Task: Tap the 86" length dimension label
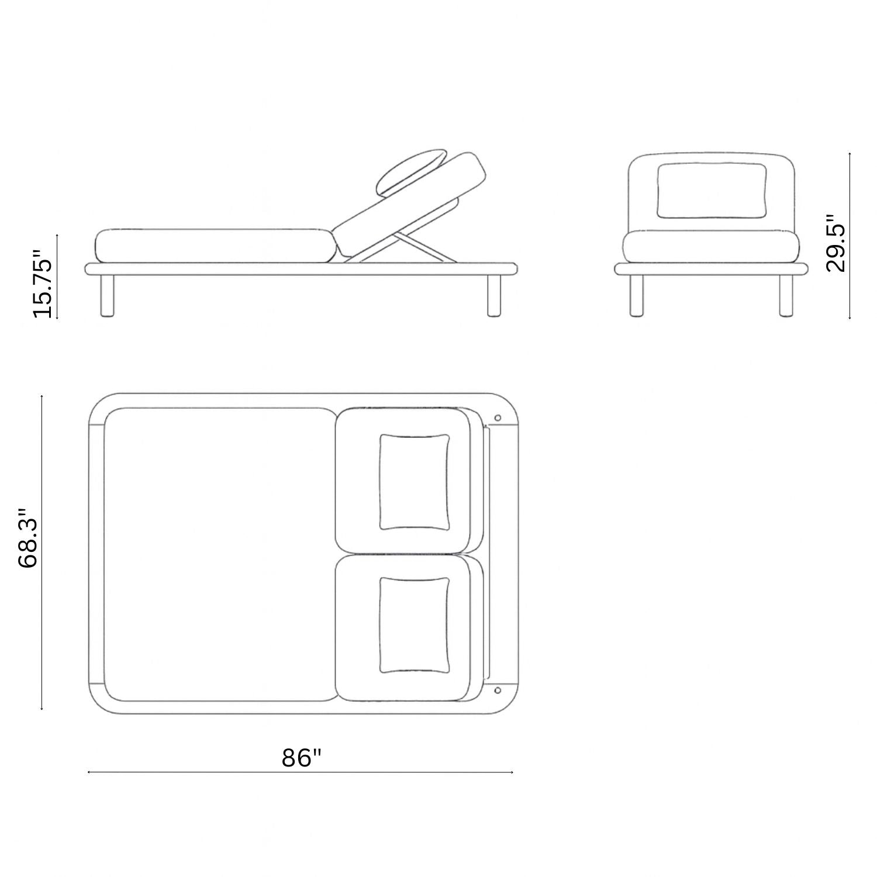click(x=302, y=758)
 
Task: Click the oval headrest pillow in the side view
click(x=409, y=171)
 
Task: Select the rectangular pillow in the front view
click(x=712, y=191)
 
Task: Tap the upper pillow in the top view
click(x=415, y=482)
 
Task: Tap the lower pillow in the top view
click(x=415, y=625)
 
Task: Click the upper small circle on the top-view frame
click(x=498, y=418)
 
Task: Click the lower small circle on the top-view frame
click(x=498, y=690)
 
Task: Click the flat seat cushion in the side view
click(x=213, y=246)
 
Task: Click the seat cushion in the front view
click(x=711, y=246)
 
